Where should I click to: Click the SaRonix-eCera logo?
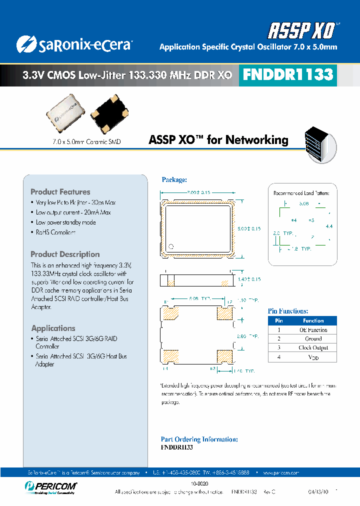coord(73,45)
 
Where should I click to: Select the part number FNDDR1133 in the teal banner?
coord(287,75)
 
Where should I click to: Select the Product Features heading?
coord(60,192)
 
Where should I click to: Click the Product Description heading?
coord(65,254)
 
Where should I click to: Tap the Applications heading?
coord(53,328)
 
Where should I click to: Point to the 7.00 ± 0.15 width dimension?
coord(198,192)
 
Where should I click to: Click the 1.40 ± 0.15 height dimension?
coord(249,279)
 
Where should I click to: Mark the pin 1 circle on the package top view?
coord(170,246)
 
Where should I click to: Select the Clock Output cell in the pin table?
coord(313,348)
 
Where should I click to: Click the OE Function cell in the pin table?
coord(313,330)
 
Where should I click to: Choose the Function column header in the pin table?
coord(313,321)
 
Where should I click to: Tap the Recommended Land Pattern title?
coord(301,192)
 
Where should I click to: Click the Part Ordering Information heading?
coord(199,439)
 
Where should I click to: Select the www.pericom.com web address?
coord(280,472)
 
